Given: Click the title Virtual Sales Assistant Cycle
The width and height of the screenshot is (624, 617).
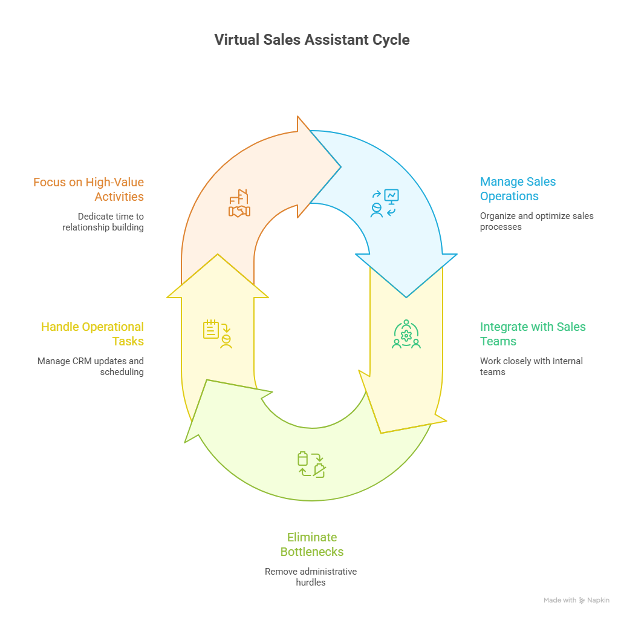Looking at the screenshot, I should click(312, 40).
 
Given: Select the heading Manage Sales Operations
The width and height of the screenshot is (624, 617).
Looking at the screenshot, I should click(518, 189).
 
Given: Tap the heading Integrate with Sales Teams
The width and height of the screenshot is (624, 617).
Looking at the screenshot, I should click(532, 334).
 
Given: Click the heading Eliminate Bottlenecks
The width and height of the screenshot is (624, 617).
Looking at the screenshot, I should click(311, 544).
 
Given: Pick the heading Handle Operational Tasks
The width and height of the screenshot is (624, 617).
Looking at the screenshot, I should click(93, 334).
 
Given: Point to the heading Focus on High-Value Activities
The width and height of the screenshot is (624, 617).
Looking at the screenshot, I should click(89, 189).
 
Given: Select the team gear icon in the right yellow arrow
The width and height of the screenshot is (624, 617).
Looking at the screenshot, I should click(406, 335).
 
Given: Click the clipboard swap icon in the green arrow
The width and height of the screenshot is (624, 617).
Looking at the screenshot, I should click(312, 465).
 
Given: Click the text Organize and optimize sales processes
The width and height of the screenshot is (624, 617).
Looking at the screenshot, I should click(536, 221).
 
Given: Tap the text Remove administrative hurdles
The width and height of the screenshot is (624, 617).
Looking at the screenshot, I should click(311, 577).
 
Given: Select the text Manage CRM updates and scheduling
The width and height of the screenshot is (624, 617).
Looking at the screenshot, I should click(91, 367).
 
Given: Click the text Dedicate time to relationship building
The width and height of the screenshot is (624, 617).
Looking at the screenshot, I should click(103, 221).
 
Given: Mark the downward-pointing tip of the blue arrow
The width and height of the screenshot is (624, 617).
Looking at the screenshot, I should click(406, 296).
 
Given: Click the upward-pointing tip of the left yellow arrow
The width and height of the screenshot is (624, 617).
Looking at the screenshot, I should click(218, 255).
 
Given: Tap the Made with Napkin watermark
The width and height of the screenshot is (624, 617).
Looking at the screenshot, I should click(576, 600).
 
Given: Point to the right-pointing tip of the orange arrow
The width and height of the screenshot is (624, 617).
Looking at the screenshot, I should click(340, 167).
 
